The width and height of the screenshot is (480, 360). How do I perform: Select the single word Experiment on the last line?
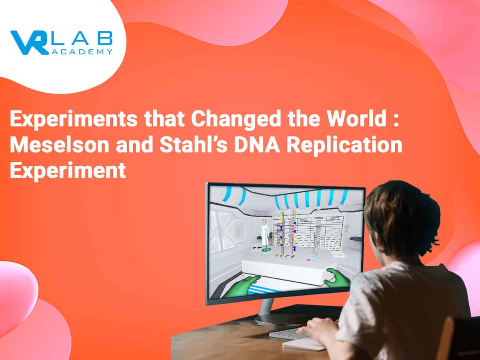68,170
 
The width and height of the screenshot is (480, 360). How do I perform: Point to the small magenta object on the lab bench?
308,260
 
